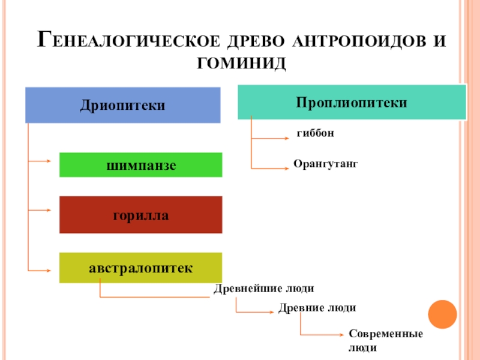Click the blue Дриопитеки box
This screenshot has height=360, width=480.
pyautogui.click(x=122, y=106)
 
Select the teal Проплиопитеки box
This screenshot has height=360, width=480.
pyautogui.click(x=352, y=102)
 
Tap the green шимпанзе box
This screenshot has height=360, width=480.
pyautogui.click(x=140, y=165)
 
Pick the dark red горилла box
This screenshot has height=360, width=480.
pyautogui.click(x=140, y=215)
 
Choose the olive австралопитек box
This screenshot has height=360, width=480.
pyautogui.click(x=140, y=268)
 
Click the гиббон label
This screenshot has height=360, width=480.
pyautogui.click(x=315, y=133)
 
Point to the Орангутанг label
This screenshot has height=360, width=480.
pyautogui.click(x=325, y=163)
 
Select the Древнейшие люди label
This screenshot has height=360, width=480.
pyautogui.click(x=264, y=288)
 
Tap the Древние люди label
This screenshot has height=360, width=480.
pyautogui.click(x=317, y=308)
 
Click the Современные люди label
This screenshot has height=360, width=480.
pyautogui.click(x=378, y=340)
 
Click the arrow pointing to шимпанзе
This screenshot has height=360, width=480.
pyautogui.click(x=42, y=161)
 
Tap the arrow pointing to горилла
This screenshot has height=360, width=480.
pyautogui.click(x=42, y=211)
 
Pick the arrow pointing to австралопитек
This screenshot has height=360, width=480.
pyautogui.click(x=42, y=271)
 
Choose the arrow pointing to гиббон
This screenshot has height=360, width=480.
pyautogui.click(x=273, y=139)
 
